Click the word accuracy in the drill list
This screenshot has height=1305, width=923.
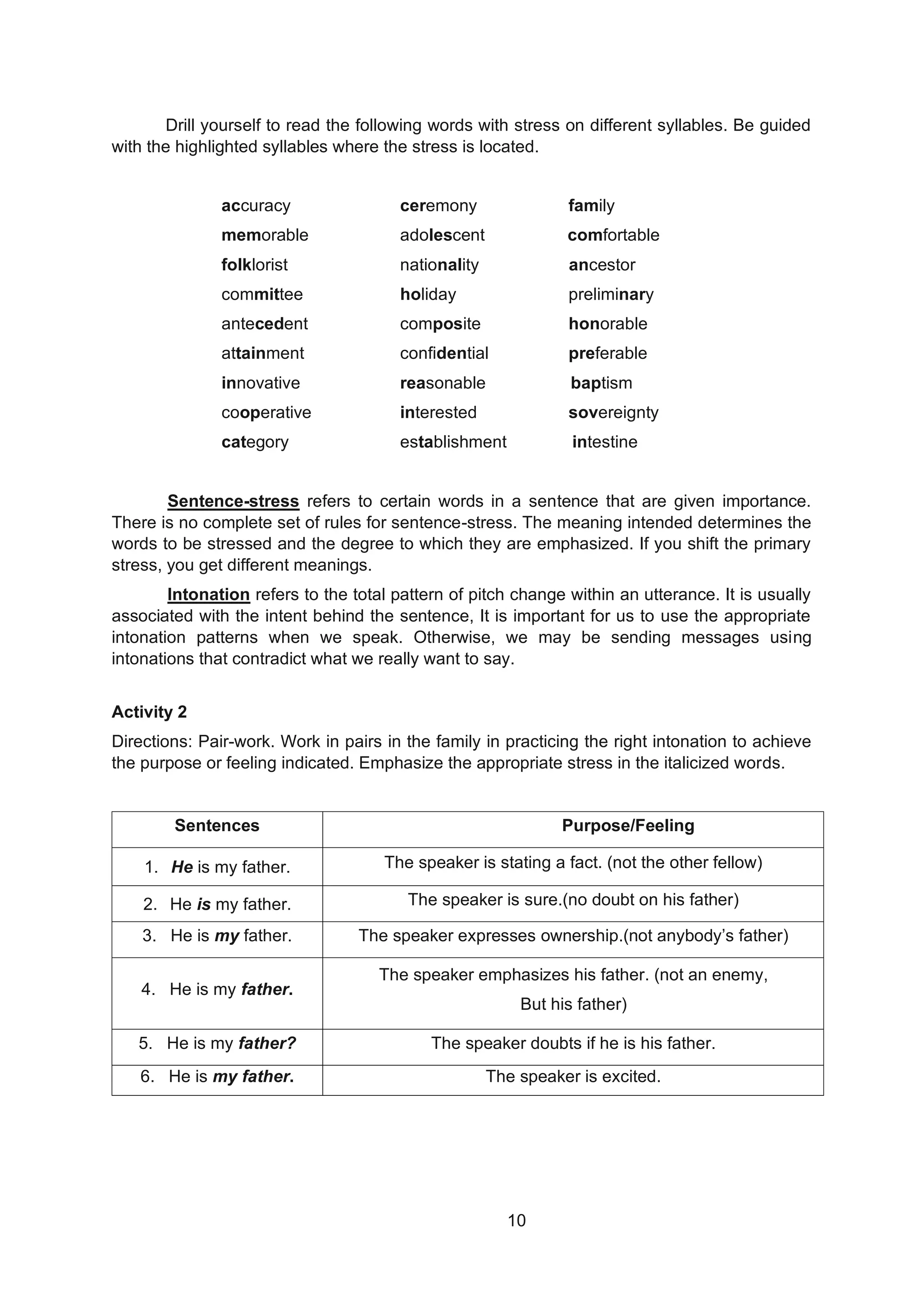tap(256, 206)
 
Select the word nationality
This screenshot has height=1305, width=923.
tap(439, 265)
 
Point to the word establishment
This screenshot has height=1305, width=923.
tap(452, 442)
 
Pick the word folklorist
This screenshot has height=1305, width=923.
tap(254, 265)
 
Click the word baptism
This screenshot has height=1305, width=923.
tap(601, 383)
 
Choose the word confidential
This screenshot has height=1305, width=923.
tap(443, 353)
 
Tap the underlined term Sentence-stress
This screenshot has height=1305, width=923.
tap(233, 501)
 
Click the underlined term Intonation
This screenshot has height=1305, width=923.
tap(208, 595)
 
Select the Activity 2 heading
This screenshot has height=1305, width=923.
tap(149, 712)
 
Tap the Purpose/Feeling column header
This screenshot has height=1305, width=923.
tap(627, 825)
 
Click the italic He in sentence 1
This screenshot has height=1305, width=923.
tap(182, 867)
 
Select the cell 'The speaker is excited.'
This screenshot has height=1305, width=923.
tap(572, 1076)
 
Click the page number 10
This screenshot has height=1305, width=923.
tap(516, 1220)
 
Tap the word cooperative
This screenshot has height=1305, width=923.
tap(266, 412)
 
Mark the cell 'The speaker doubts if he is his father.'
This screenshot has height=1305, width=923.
tap(572, 1043)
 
